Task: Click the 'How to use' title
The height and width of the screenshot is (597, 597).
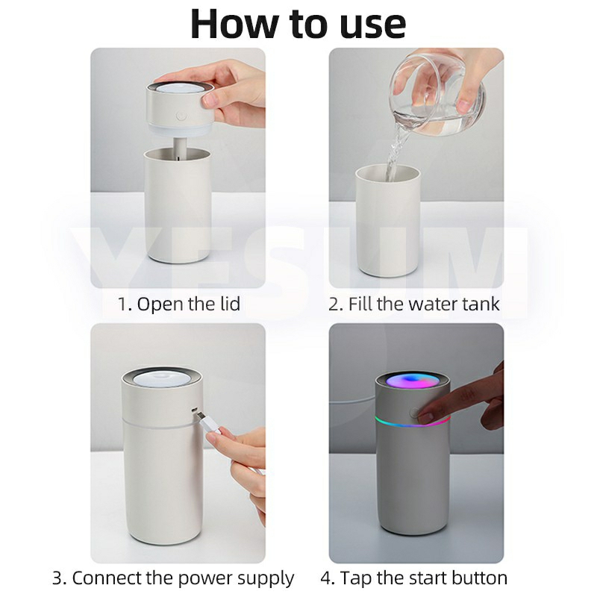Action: [298, 24]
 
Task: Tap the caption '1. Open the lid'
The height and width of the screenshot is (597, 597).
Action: [178, 304]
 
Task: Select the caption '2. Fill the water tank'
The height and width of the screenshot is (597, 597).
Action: [414, 304]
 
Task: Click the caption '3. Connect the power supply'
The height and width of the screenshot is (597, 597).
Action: [173, 578]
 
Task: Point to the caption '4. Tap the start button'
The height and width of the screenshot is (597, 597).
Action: [414, 578]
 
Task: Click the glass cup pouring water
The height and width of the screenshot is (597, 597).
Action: [438, 96]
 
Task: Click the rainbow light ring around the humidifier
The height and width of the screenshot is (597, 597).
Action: [413, 422]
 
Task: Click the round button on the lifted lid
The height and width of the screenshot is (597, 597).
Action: [180, 116]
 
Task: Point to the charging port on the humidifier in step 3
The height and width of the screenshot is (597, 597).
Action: [195, 410]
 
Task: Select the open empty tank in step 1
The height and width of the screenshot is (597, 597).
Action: [178, 206]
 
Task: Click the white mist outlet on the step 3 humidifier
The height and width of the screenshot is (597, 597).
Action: [161, 378]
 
